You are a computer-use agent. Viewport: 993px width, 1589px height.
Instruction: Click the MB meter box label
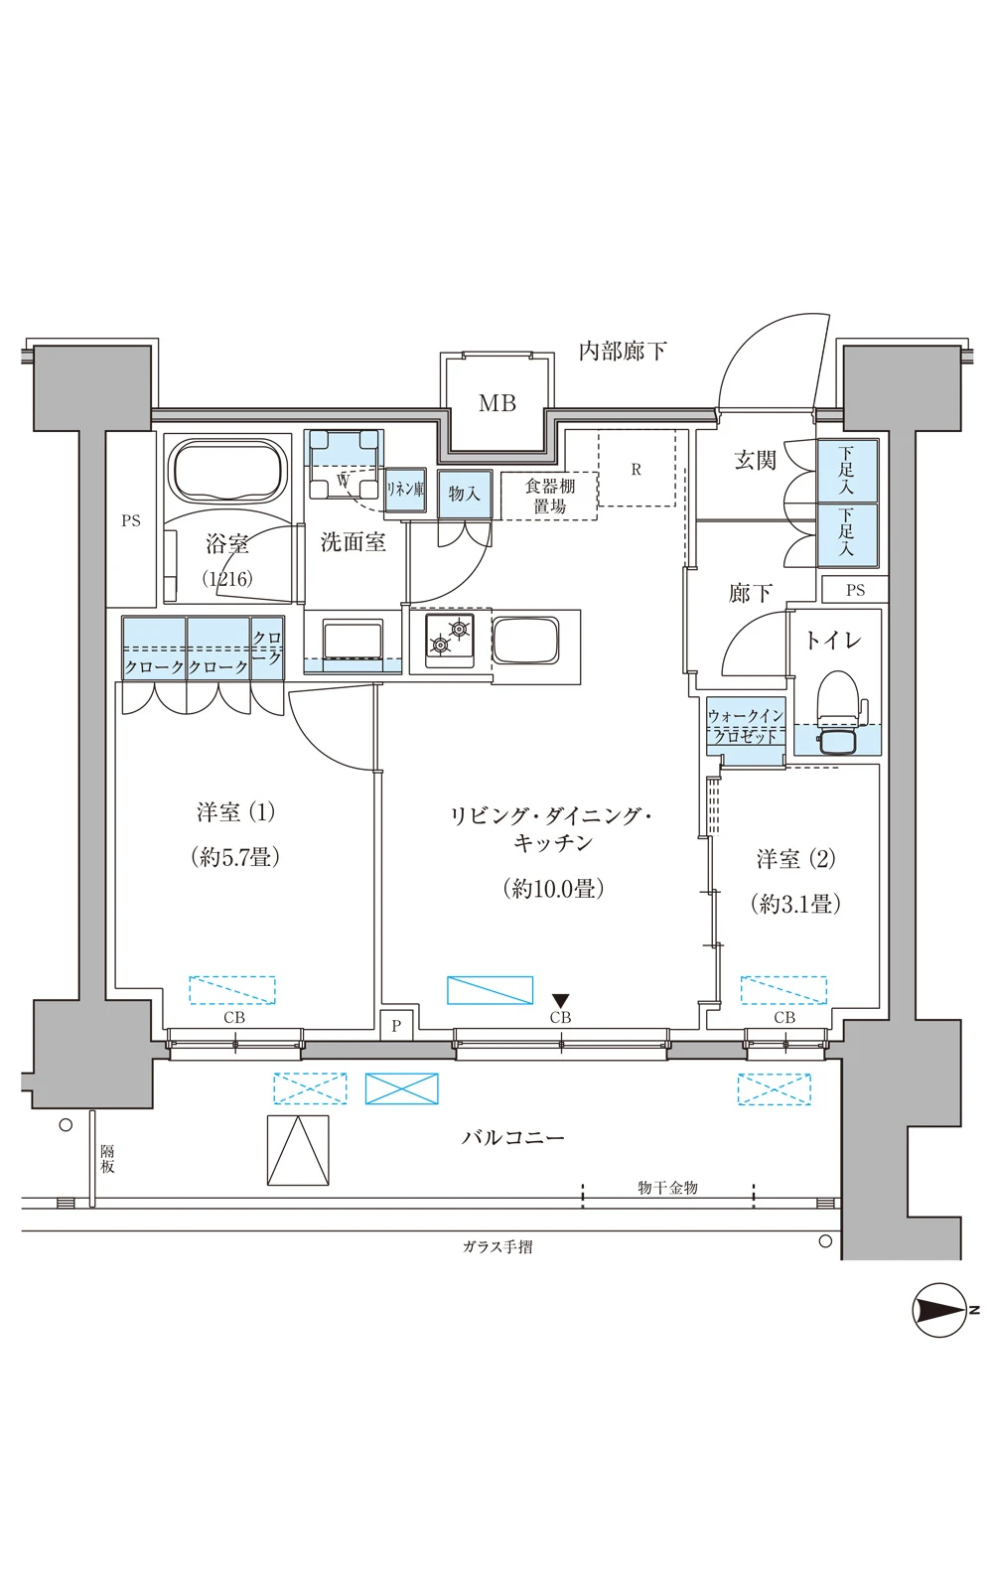[x=496, y=403]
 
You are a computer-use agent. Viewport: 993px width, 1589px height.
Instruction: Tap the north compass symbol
[x=941, y=1310]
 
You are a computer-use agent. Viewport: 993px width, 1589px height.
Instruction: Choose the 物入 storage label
[x=464, y=493]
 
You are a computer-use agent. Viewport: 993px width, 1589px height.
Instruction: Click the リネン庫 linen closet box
[x=405, y=490]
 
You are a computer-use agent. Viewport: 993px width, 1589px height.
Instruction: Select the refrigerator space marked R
[x=637, y=467]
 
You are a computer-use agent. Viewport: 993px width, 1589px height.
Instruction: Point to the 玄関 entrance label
[x=755, y=461]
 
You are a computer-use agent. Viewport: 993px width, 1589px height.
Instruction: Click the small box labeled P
[x=396, y=1025]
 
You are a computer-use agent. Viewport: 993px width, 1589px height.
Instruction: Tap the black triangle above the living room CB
[x=560, y=1001]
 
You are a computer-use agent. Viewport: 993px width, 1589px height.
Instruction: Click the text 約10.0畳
[x=553, y=888]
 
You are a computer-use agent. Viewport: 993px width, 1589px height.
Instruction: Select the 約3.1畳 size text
[x=795, y=904]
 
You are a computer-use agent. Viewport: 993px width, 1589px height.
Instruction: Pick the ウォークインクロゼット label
[x=746, y=726]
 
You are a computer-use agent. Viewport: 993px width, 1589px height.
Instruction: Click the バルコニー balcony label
[x=512, y=1138]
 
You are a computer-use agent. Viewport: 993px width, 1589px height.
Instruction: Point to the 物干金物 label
[x=667, y=1188]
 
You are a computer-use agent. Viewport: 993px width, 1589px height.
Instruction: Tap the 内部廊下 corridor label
[x=623, y=351]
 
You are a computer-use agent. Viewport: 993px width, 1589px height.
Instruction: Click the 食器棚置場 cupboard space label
[x=550, y=496]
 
